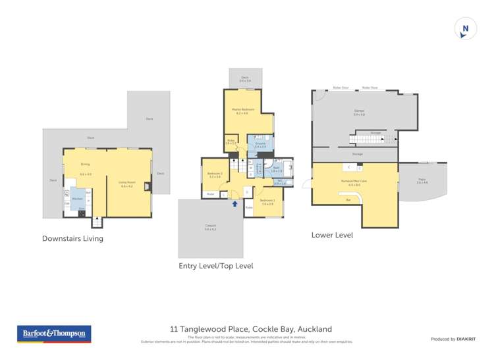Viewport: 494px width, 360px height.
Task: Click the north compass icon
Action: [466, 29]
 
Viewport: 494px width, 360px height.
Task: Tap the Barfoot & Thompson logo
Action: [54, 334]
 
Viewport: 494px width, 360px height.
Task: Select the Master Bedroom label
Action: [243, 109]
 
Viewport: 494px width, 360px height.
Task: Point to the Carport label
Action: [210, 227]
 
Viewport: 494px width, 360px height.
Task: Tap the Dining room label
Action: [85, 164]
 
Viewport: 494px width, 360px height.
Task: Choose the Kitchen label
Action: [77, 198]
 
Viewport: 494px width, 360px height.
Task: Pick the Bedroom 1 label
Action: [267, 200]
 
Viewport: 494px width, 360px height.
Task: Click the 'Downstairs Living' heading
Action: [72, 238]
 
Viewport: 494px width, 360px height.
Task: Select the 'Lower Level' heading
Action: [333, 235]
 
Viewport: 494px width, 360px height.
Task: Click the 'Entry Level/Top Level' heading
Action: [215, 266]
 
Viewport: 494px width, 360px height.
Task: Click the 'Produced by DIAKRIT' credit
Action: [453, 339]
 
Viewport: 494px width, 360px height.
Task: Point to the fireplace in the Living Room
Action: [148, 187]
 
